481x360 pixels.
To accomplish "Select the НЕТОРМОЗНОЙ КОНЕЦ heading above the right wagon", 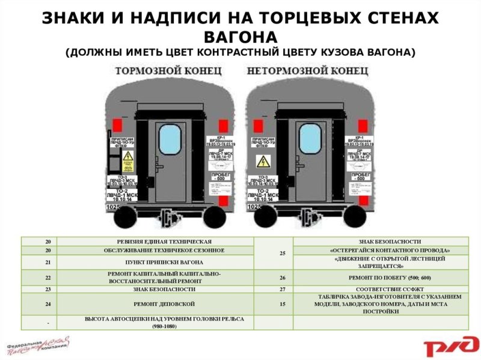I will point(304,71).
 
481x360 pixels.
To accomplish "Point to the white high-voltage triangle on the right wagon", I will point(263,161).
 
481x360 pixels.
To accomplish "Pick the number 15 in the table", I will point(283,304).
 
